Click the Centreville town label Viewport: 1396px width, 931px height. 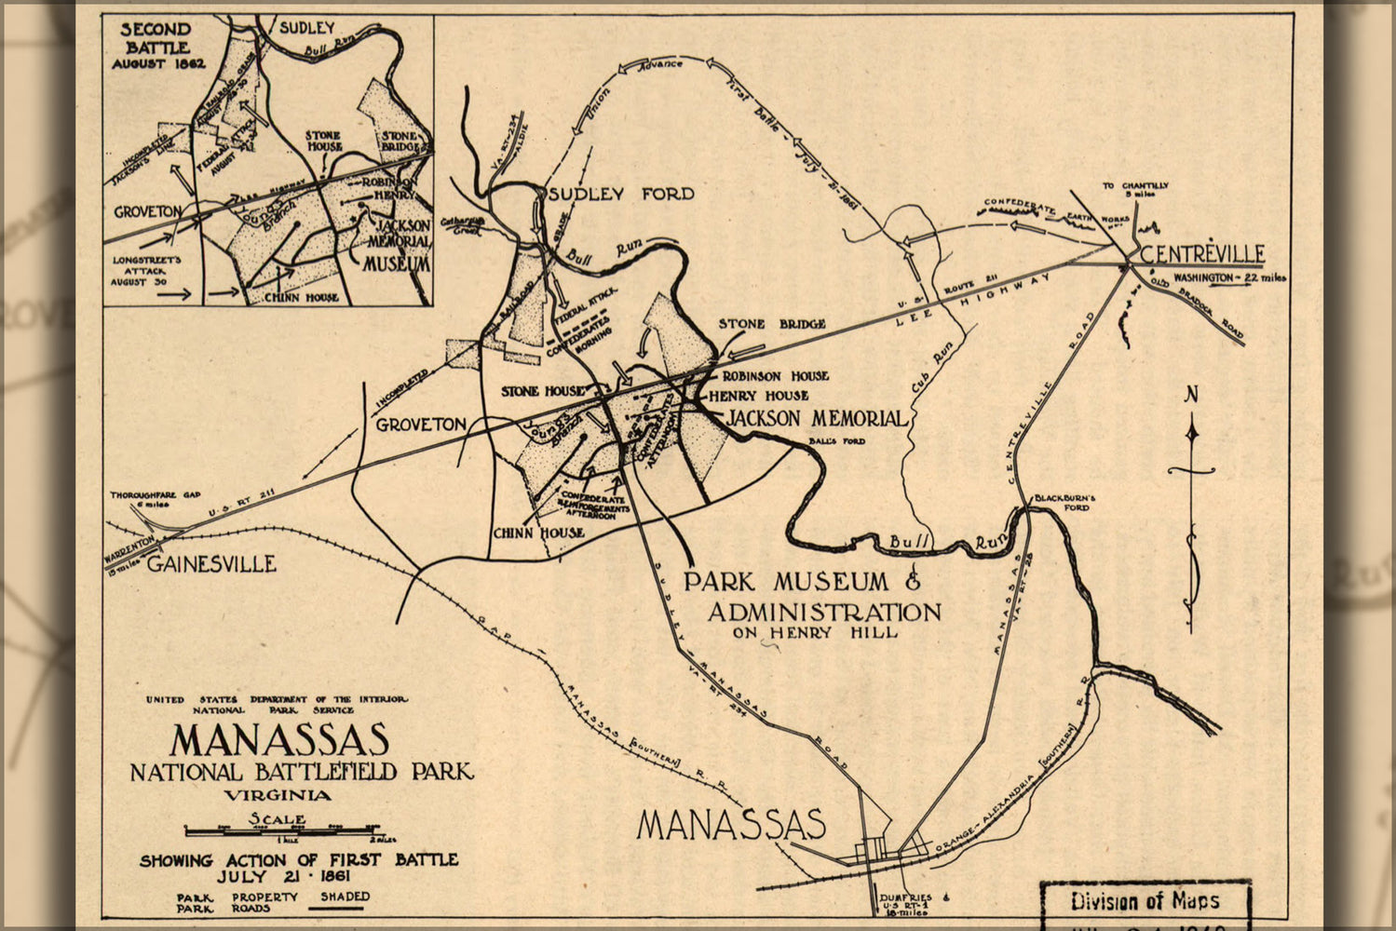(1201, 253)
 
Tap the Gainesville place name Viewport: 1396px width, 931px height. (212, 563)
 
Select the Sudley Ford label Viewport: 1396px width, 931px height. (621, 194)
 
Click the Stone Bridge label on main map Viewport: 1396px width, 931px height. (771, 324)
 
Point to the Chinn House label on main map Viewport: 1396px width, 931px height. (538, 533)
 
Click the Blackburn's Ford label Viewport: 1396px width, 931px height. (1064, 503)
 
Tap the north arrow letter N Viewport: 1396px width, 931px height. (1190, 395)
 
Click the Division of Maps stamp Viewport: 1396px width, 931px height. (1145, 900)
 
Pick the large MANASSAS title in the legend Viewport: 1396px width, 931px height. (279, 740)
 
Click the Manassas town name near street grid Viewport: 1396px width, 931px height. (731, 825)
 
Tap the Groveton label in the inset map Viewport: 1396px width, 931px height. (148, 212)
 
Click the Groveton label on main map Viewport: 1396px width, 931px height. (421, 425)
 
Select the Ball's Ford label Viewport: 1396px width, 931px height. (836, 441)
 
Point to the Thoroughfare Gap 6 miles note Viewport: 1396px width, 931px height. (155, 499)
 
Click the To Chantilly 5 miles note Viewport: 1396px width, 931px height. (1135, 190)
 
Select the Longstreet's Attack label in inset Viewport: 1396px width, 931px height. (146, 270)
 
